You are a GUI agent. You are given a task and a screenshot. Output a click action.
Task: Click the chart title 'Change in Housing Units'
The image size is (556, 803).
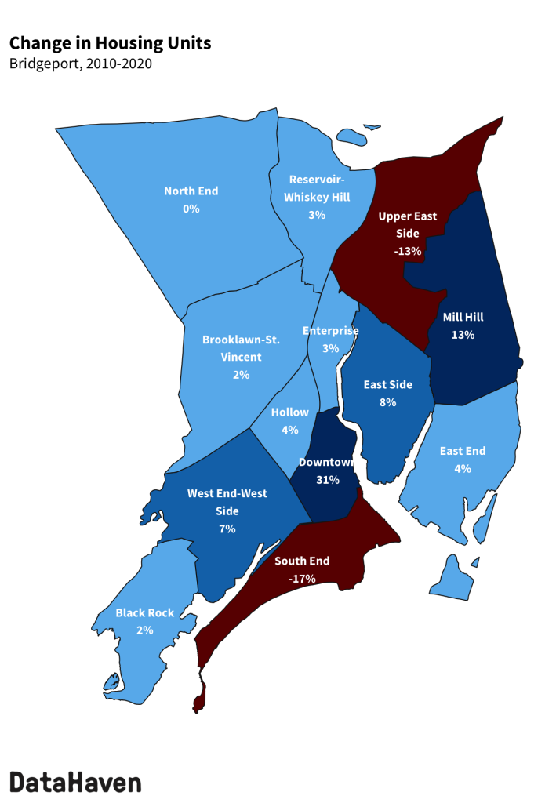[111, 43]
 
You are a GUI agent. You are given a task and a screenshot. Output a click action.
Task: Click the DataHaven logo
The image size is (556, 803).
[75, 781]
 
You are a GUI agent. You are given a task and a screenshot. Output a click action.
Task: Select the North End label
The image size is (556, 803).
[191, 191]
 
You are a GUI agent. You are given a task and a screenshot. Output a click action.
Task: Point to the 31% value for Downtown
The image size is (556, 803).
[327, 480]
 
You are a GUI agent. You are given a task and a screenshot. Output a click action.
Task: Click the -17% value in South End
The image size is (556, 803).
[301, 579]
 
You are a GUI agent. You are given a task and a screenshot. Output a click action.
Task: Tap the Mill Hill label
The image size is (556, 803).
[463, 318]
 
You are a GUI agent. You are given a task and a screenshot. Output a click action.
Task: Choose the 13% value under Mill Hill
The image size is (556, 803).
[463, 335]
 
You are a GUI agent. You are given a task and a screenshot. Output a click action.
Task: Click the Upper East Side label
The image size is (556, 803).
[408, 224]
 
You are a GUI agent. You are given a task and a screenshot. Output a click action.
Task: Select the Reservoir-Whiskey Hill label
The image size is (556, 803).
[319, 187]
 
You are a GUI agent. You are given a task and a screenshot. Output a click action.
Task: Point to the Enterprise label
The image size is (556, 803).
[330, 330]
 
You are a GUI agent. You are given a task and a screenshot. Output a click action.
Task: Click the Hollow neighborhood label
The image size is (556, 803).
[289, 412]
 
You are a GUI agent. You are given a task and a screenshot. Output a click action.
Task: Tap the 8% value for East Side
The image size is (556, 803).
[387, 402]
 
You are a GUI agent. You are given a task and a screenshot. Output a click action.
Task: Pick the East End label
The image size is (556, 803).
[463, 451]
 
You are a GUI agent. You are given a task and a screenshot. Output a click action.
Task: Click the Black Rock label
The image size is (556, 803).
[144, 612]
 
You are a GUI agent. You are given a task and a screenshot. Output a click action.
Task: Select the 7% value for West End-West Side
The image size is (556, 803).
[227, 529]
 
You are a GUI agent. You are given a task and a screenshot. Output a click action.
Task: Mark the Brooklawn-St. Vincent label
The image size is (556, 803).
[241, 348]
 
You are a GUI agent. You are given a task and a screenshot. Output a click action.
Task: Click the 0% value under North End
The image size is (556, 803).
[191, 209]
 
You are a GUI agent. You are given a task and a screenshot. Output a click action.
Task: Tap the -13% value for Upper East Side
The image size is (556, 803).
[408, 252]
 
